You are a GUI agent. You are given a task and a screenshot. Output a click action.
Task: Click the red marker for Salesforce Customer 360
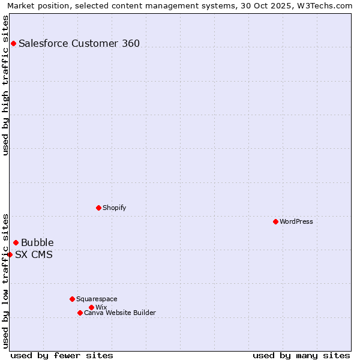pos(13,43)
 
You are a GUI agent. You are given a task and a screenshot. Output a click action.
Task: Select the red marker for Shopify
pos(98,208)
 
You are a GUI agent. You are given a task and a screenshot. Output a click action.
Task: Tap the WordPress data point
pos(275,221)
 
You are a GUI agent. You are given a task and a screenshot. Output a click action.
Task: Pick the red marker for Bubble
pos(16,242)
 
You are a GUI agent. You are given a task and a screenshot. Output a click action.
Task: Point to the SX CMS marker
pos(10,254)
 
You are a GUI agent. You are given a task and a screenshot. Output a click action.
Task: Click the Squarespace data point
pos(72,299)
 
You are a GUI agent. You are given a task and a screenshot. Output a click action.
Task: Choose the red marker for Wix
pos(91,307)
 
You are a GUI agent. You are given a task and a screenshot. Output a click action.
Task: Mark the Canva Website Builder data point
pos(80,313)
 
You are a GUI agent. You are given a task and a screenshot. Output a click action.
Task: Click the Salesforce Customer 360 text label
pos(79,43)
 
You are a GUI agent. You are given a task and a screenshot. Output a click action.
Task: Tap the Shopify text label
pos(114,208)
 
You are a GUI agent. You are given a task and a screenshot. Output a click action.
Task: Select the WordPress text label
pos(296,221)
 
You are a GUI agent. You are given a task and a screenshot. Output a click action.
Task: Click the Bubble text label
pos(37,242)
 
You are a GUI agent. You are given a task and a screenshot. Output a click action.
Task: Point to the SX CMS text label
pos(34,254)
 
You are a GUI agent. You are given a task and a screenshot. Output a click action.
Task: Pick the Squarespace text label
pos(97,299)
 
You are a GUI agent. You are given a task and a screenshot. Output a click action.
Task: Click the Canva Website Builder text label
pos(120,313)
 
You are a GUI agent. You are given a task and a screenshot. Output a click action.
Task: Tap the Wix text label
pos(101,307)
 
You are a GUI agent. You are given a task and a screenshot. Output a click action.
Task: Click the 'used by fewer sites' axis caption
pos(62,355)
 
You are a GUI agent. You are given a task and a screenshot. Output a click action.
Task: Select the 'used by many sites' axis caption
pos(301,355)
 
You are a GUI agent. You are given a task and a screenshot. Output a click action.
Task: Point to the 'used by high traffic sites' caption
pos(5,85)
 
